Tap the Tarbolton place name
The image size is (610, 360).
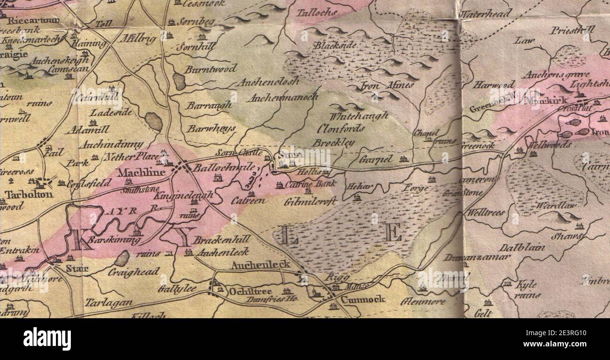click(x=29, y=194)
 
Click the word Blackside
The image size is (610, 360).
click(x=335, y=46)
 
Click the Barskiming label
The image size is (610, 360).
click(x=114, y=240)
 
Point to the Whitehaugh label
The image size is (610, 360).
click(x=359, y=115)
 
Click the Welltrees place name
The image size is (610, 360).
click(x=486, y=212)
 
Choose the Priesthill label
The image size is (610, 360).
click(x=572, y=30)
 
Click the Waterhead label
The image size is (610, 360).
click(x=485, y=14)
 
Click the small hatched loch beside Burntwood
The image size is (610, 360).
click(x=179, y=81)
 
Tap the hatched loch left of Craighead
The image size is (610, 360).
click(x=122, y=258)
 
